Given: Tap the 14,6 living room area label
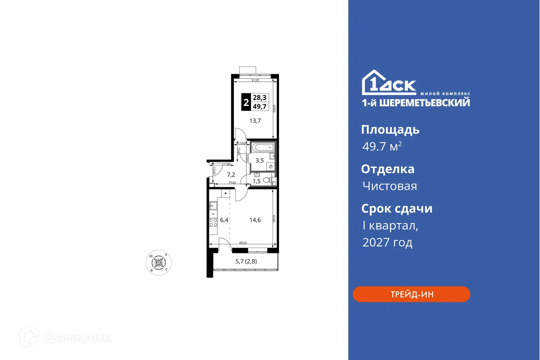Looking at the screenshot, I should point(254,220).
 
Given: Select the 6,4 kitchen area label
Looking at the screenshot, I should point(224,220).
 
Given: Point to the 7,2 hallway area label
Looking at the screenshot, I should point(231,175).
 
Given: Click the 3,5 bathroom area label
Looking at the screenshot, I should point(260,160).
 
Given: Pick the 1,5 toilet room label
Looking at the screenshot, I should point(257,181).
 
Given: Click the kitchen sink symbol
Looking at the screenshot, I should point(213,206).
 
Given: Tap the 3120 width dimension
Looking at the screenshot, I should point(254,81).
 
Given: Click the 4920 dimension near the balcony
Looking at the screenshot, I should point(243,243).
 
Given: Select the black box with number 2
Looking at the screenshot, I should point(246,102).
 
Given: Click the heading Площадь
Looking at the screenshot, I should point(390,130).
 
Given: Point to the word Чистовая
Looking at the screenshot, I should point(389,186).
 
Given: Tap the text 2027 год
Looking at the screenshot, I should point(387,242).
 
